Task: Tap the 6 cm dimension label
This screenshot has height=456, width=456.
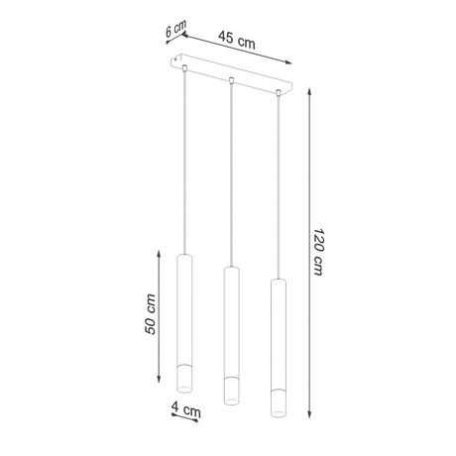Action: click(176, 31)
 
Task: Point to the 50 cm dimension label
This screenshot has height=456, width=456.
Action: click(150, 314)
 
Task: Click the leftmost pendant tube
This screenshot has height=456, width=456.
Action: click(185, 317)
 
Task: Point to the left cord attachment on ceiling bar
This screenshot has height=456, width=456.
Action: click(184, 68)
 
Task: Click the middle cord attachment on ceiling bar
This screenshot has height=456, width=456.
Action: click(231, 81)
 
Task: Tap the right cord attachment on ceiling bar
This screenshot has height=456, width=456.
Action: click(279, 94)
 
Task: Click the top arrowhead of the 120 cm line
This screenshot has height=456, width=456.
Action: click(311, 88)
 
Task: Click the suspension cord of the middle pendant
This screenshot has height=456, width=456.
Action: click(231, 178)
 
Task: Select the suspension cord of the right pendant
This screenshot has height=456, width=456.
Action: click(279, 188)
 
